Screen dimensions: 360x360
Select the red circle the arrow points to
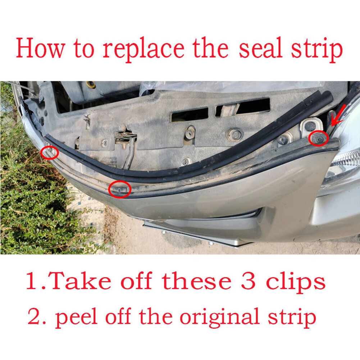click(318, 138)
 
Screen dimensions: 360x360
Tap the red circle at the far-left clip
click(50, 152)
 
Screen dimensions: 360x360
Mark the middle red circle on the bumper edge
click(120, 188)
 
